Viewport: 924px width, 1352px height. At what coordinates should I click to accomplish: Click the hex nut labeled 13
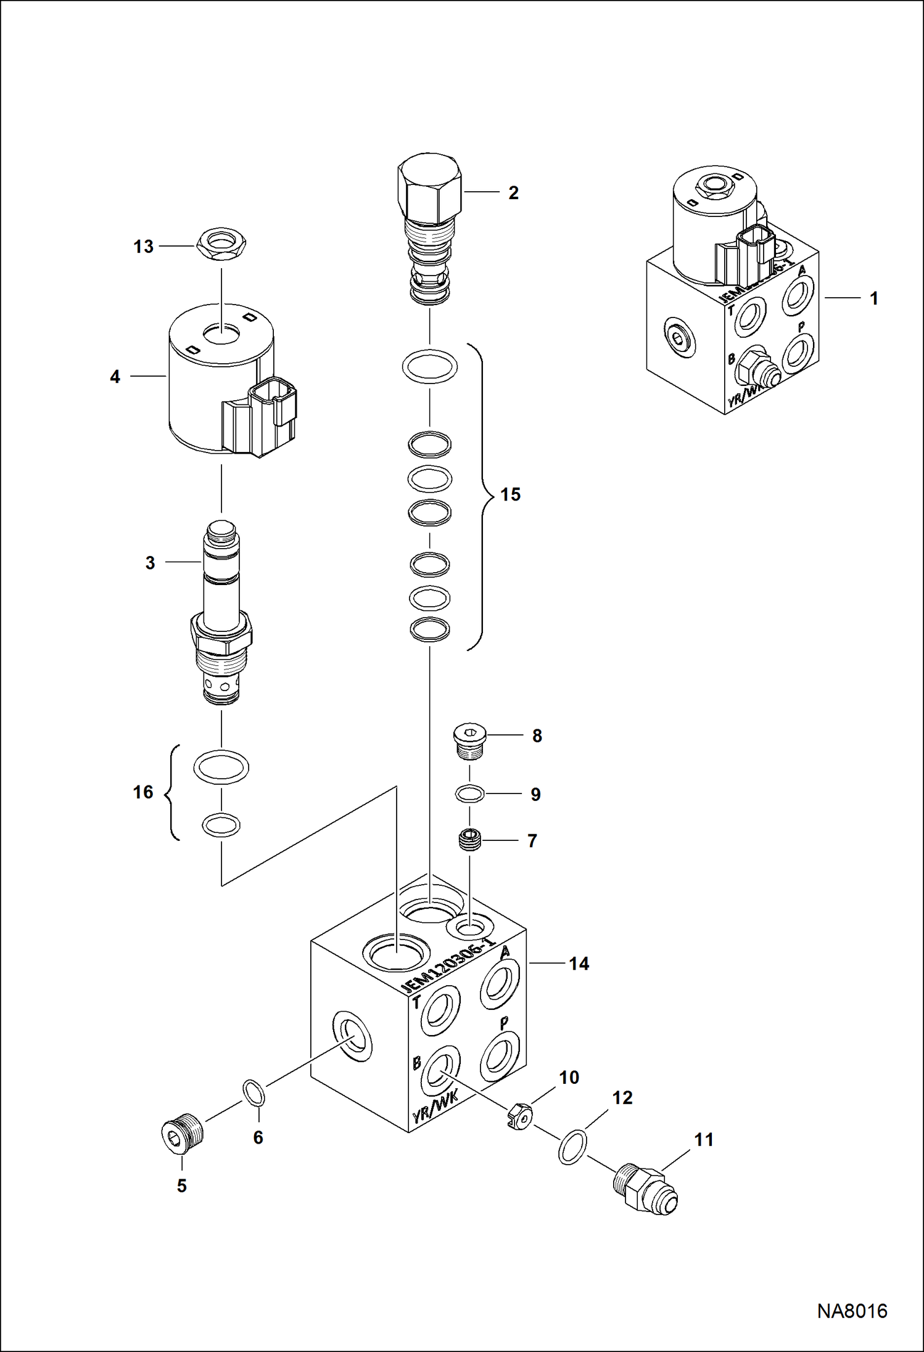click(221, 245)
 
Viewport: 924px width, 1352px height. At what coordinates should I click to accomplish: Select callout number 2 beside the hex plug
click(513, 193)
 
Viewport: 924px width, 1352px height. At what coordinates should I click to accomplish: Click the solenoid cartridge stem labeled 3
click(221, 592)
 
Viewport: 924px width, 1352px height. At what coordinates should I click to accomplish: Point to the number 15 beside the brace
click(510, 494)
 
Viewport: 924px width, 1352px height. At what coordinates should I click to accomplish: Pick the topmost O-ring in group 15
click(430, 367)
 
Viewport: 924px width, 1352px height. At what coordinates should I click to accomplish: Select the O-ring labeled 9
click(469, 794)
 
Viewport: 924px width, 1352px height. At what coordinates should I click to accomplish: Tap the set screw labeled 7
click(470, 841)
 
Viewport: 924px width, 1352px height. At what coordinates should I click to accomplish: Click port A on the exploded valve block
click(500, 984)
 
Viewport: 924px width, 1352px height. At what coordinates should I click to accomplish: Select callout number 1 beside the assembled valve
click(873, 298)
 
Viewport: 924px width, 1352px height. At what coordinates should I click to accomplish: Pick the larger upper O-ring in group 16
click(221, 767)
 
